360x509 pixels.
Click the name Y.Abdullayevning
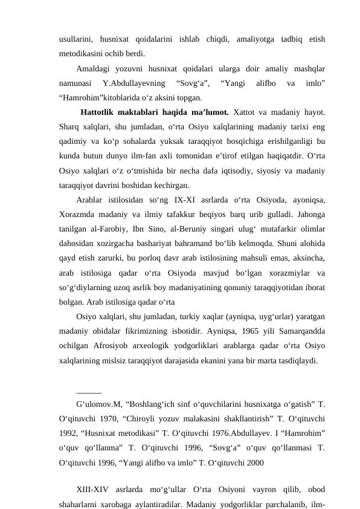point(129,83)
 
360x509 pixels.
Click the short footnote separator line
point(89,393)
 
